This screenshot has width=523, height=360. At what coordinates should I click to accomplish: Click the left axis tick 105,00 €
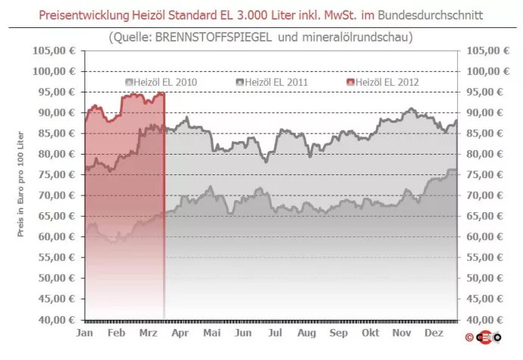click(x=53, y=50)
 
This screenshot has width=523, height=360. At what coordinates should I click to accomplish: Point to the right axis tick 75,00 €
click(x=484, y=174)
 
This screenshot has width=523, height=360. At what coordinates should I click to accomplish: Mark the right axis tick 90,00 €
click(x=484, y=112)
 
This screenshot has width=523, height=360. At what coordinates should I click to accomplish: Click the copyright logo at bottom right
click(x=487, y=336)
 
